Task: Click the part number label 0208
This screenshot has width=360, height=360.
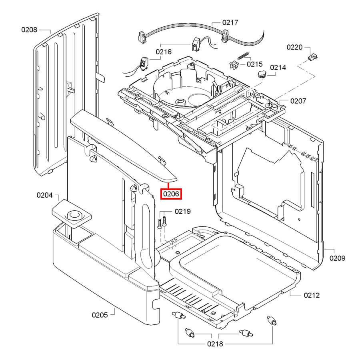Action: [x=29, y=30]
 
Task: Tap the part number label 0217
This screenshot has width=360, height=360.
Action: [x=230, y=23]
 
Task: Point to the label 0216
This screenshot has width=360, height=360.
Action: [x=164, y=52]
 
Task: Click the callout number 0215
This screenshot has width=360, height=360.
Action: [x=254, y=64]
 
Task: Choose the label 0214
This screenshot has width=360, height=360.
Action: [x=278, y=68]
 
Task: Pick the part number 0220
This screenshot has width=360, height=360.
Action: [x=294, y=47]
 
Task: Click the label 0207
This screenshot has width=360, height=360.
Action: [x=298, y=101]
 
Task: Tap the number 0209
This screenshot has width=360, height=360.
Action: [x=337, y=258]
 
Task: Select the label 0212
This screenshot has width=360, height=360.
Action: [x=312, y=295]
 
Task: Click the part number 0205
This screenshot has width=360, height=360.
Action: [x=100, y=315]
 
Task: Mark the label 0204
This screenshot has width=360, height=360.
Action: [x=45, y=195]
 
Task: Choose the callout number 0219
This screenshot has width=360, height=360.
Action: [x=182, y=212]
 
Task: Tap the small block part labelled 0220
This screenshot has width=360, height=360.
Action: [x=312, y=58]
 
